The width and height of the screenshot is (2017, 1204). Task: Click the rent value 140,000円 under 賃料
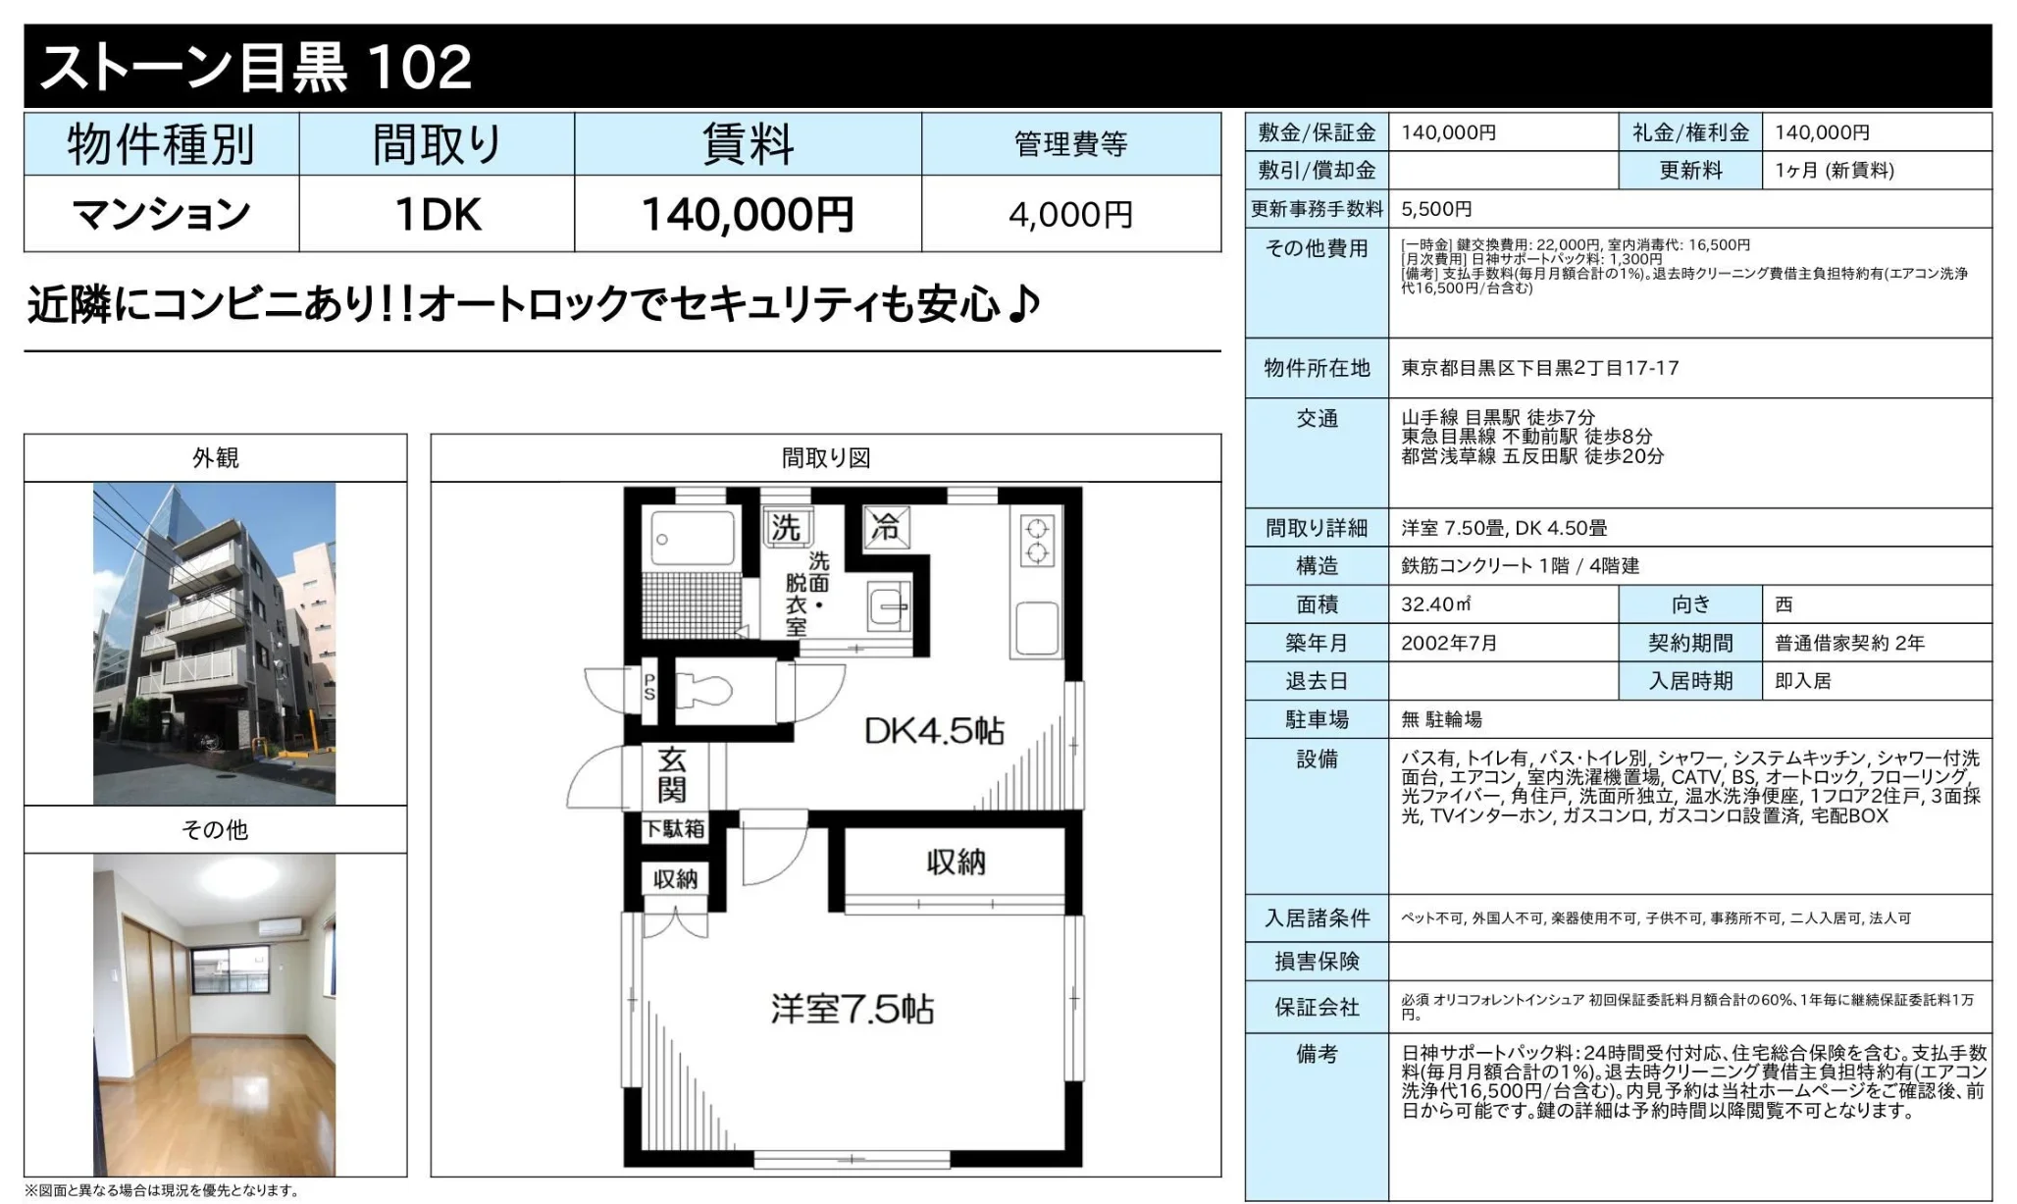(x=747, y=214)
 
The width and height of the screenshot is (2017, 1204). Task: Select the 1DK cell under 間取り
(x=437, y=214)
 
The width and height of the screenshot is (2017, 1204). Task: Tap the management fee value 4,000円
(x=1070, y=214)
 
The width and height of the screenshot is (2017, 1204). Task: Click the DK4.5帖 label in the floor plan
(x=933, y=731)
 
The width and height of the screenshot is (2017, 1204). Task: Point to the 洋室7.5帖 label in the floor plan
(x=852, y=1009)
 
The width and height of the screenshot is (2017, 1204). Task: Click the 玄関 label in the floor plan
(x=672, y=774)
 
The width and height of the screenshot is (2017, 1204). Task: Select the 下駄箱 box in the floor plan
(x=674, y=829)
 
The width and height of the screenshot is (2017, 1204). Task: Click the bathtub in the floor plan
(x=693, y=538)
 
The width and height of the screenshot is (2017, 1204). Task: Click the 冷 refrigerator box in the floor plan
(x=886, y=527)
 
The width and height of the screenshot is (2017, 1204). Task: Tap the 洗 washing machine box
(x=786, y=528)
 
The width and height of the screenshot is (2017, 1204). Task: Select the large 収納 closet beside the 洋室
(x=955, y=863)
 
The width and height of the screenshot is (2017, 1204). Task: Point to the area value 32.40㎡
(x=1435, y=604)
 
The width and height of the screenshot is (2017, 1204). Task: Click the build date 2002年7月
(x=1449, y=643)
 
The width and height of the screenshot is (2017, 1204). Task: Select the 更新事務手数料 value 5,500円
(x=1436, y=209)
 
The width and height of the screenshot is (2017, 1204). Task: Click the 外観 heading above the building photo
(x=215, y=458)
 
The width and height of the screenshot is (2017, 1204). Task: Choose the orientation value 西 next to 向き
(x=1784, y=604)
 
